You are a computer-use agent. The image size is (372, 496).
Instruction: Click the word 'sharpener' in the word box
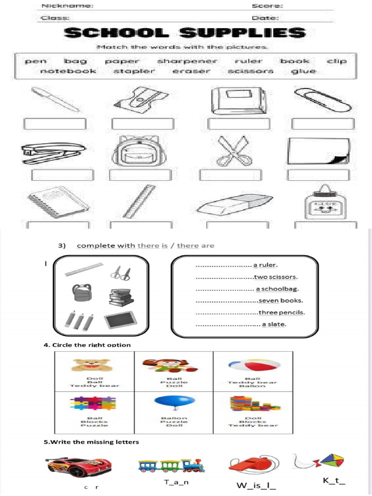point(187,61)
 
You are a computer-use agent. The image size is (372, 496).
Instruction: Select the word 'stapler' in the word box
point(134,71)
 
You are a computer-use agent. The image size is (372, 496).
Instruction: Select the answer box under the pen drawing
point(54,124)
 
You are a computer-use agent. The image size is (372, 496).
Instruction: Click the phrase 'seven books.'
point(280,300)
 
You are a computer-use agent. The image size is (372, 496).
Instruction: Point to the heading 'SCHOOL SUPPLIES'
point(186,33)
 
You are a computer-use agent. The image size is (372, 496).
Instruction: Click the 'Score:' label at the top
point(267,6)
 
